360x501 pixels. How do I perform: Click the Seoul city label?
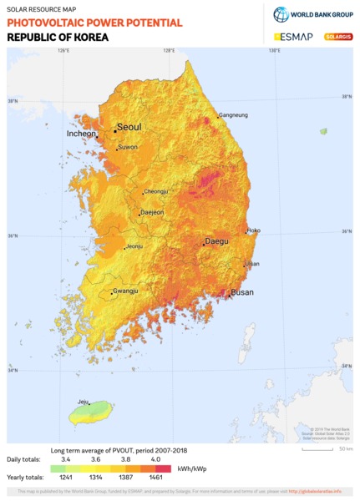pyautogui.click(x=129, y=127)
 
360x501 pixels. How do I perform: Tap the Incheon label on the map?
pyautogui.click(x=81, y=134)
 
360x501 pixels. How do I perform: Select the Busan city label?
pyautogui.click(x=242, y=292)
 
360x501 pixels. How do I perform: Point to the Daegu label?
pyautogui.click(x=216, y=241)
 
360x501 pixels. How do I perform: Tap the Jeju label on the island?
pyautogui.click(x=83, y=402)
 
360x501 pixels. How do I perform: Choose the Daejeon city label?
pyautogui.click(x=152, y=212)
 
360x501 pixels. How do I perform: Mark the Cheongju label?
pyautogui.click(x=156, y=191)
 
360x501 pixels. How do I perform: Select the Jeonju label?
pyautogui.click(x=134, y=246)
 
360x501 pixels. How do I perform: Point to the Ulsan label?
pyautogui.click(x=252, y=264)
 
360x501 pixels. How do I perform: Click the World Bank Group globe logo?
pyautogui.click(x=281, y=14)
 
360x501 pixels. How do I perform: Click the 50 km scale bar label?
pyautogui.click(x=345, y=448)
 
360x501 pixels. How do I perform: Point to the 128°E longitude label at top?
pyautogui.click(x=169, y=51)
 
